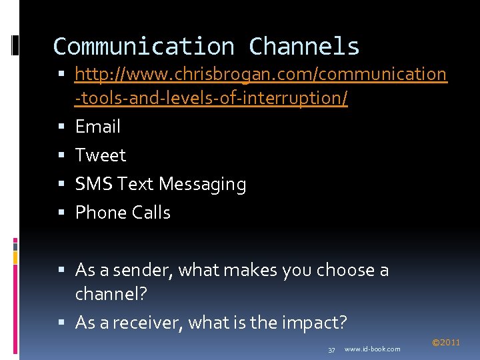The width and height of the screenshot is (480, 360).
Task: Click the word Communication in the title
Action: point(143,47)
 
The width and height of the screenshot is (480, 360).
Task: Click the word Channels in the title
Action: point(304,47)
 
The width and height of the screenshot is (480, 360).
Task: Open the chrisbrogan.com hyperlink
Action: point(261,74)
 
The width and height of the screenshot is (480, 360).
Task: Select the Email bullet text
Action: point(98,127)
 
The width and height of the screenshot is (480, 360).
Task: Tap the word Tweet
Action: point(101,155)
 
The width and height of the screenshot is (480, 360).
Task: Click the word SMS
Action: point(94,184)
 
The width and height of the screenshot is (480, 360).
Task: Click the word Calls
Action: point(151,213)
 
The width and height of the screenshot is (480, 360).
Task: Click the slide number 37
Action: point(331,349)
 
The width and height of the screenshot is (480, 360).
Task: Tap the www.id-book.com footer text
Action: point(373,349)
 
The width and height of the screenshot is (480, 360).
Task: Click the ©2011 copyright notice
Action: point(446,343)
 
